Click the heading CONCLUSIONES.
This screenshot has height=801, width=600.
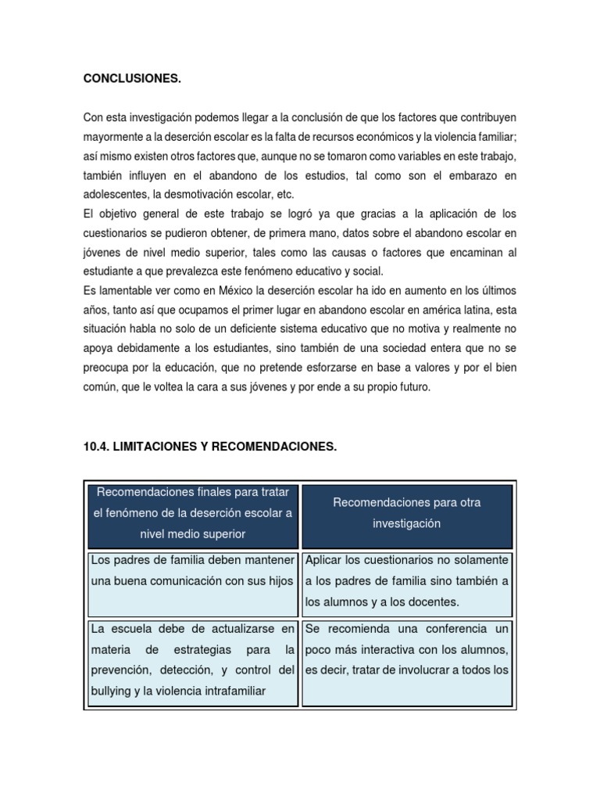point(132,78)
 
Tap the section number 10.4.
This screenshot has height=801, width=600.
point(97,447)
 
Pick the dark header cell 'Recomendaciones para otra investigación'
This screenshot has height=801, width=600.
point(406,513)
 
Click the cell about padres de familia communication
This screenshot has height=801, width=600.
point(192,581)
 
